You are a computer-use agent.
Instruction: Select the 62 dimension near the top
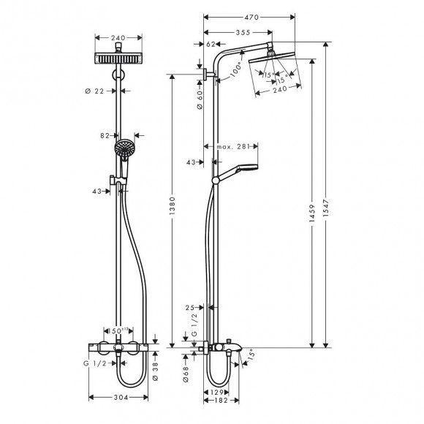(x=211, y=45)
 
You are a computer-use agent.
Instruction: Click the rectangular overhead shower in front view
(x=118, y=58)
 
